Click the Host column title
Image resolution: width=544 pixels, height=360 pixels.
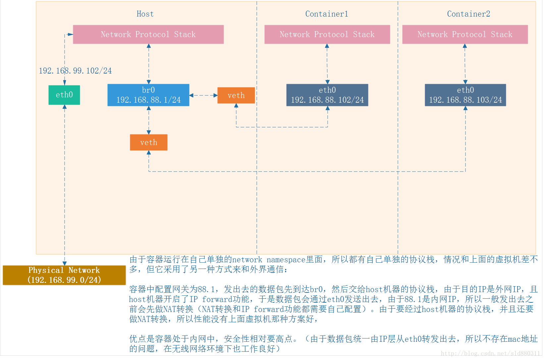pos(145,14)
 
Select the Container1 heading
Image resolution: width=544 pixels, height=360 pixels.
pos(327,14)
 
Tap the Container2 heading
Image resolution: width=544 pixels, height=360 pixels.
pos(468,14)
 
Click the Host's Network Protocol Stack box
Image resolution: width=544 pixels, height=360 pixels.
pos(148,34)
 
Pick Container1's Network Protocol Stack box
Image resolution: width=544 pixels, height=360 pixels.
pos(327,34)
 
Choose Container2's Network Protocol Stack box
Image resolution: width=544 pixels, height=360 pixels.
pos(465,34)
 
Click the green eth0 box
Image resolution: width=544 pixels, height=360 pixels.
pos(64,95)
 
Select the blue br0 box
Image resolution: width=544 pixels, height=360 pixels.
pos(148,95)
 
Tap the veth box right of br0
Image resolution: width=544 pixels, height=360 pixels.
pos(236,95)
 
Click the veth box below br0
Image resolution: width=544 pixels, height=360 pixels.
pos(148,142)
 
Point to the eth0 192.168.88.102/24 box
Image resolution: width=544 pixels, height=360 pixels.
pos(327,95)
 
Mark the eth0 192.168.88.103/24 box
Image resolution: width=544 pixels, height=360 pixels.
pos(465,95)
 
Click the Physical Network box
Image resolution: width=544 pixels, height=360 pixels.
pos(64,275)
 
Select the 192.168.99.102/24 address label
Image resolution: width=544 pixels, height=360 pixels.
pos(76,71)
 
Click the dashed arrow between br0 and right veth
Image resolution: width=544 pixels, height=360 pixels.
pos(203,95)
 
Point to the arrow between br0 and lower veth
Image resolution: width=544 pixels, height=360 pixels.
pos(149,120)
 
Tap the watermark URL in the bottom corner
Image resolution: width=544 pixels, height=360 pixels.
pos(490,353)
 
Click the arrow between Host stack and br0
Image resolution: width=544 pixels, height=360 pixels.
pos(149,64)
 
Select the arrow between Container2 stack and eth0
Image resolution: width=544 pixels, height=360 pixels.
pos(465,64)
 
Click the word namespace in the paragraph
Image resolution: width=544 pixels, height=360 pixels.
pos(286,260)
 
